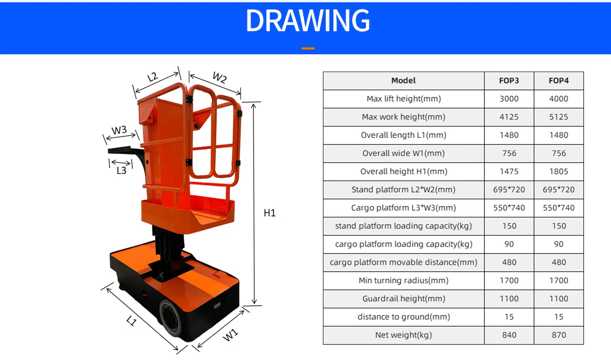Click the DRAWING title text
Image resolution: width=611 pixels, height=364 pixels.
point(307,21)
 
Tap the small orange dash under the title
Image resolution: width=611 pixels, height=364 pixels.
point(308,48)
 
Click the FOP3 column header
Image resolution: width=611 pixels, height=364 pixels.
point(509,81)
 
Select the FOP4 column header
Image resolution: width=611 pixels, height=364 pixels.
point(558,81)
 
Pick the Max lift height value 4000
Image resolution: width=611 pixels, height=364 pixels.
point(558,99)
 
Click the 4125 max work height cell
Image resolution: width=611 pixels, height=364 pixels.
point(509,117)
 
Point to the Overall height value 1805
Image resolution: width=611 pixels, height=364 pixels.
point(558,172)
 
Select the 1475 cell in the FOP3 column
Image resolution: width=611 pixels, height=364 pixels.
point(509,172)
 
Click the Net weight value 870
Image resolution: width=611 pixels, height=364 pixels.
point(558,335)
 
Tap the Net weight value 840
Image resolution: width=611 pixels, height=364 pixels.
point(509,335)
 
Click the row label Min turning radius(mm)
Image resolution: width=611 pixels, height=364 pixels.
point(403,281)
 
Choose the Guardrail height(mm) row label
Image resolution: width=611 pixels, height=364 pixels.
point(403,299)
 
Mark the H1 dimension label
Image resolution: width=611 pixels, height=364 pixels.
point(270,213)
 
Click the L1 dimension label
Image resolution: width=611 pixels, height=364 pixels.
point(131,321)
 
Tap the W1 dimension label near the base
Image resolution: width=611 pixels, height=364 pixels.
point(230,335)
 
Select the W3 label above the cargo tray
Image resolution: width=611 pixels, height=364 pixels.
point(119,130)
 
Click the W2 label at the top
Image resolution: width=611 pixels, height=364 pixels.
point(219,78)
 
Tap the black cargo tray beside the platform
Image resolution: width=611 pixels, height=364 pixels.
point(123,150)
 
